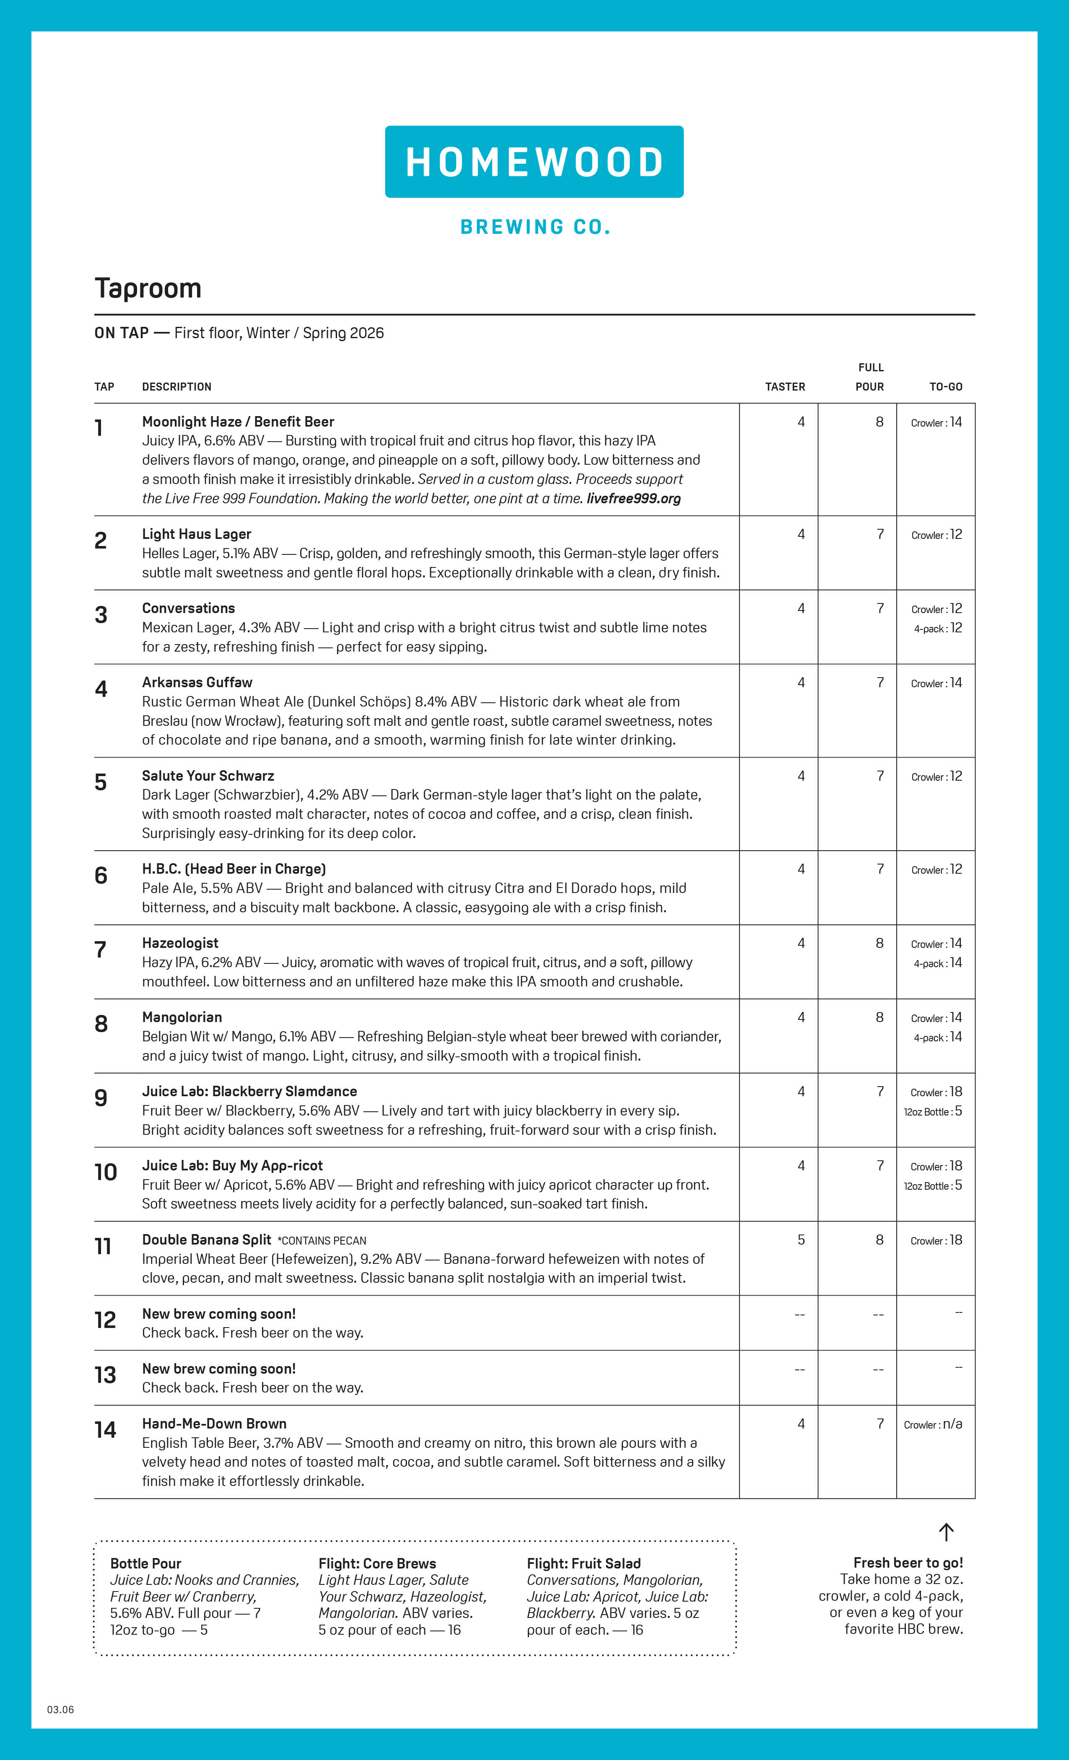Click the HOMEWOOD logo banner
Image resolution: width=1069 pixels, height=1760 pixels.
tap(534, 162)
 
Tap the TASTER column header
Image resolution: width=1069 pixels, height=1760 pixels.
tap(785, 386)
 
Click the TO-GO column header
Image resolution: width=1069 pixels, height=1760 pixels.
tap(945, 386)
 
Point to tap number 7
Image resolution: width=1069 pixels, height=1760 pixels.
tap(101, 950)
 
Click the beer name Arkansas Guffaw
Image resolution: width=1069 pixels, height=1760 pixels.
tap(197, 682)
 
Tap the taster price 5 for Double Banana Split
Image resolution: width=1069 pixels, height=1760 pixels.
tap(801, 1240)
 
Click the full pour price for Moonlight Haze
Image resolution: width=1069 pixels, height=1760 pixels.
tap(880, 422)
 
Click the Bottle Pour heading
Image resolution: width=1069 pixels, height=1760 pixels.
tap(146, 1563)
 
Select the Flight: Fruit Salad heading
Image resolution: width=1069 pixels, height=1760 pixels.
tap(584, 1563)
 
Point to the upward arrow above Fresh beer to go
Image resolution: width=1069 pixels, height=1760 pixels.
tap(946, 1532)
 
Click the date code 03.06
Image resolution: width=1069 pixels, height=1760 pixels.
tap(61, 1709)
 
